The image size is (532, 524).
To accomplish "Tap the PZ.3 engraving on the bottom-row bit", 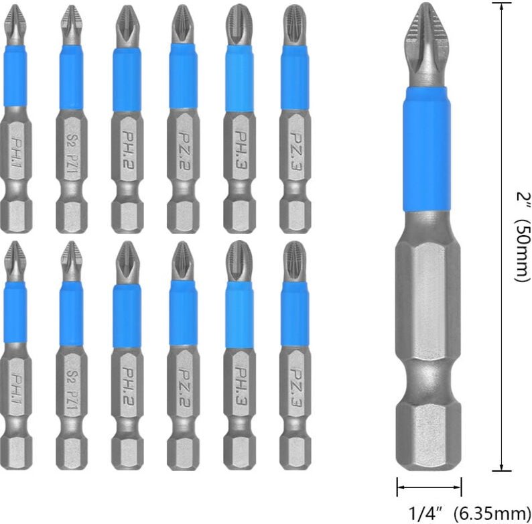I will [x=295, y=384].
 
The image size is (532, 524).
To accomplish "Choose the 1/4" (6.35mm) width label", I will [x=463, y=513].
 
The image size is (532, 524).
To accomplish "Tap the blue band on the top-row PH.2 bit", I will [x=127, y=80].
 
